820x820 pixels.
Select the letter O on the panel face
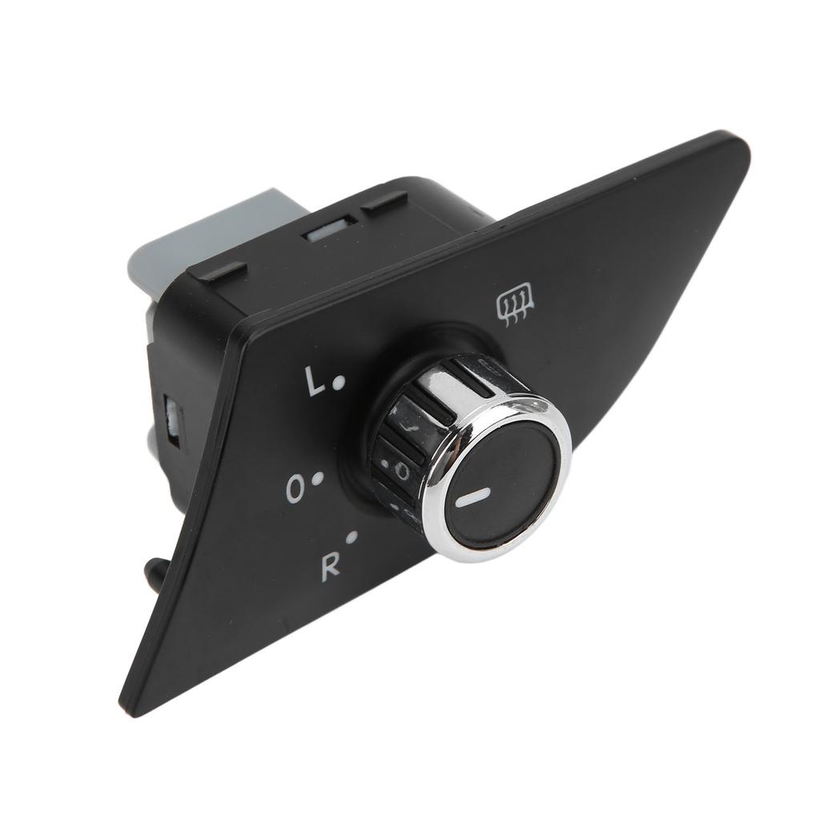[296, 488]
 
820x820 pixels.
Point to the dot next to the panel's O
[317, 477]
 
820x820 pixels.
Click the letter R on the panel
[330, 565]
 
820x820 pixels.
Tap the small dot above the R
[352, 537]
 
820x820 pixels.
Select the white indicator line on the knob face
[472, 497]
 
